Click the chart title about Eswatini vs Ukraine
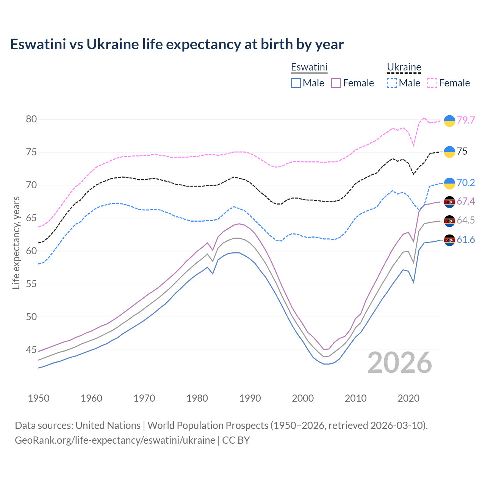[x=177, y=44]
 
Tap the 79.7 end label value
[x=466, y=120]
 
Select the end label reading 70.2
[x=466, y=183]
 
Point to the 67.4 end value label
[x=466, y=201]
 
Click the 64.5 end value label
[x=466, y=220]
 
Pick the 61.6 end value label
[x=466, y=239]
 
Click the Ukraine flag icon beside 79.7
[x=449, y=120]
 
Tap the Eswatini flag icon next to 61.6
[x=449, y=240]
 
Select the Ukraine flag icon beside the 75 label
[x=449, y=152]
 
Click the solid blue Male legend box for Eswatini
[x=296, y=83]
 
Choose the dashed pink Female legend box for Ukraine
[x=432, y=83]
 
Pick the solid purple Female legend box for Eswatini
[x=336, y=83]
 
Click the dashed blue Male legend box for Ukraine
[x=392, y=83]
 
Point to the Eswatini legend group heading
[x=309, y=67]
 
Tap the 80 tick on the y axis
[x=31, y=119]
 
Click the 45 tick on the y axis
[x=31, y=350]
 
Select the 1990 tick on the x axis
[x=250, y=398]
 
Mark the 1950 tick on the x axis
[x=39, y=398]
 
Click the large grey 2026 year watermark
[x=399, y=363]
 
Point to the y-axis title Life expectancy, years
[x=16, y=242]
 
